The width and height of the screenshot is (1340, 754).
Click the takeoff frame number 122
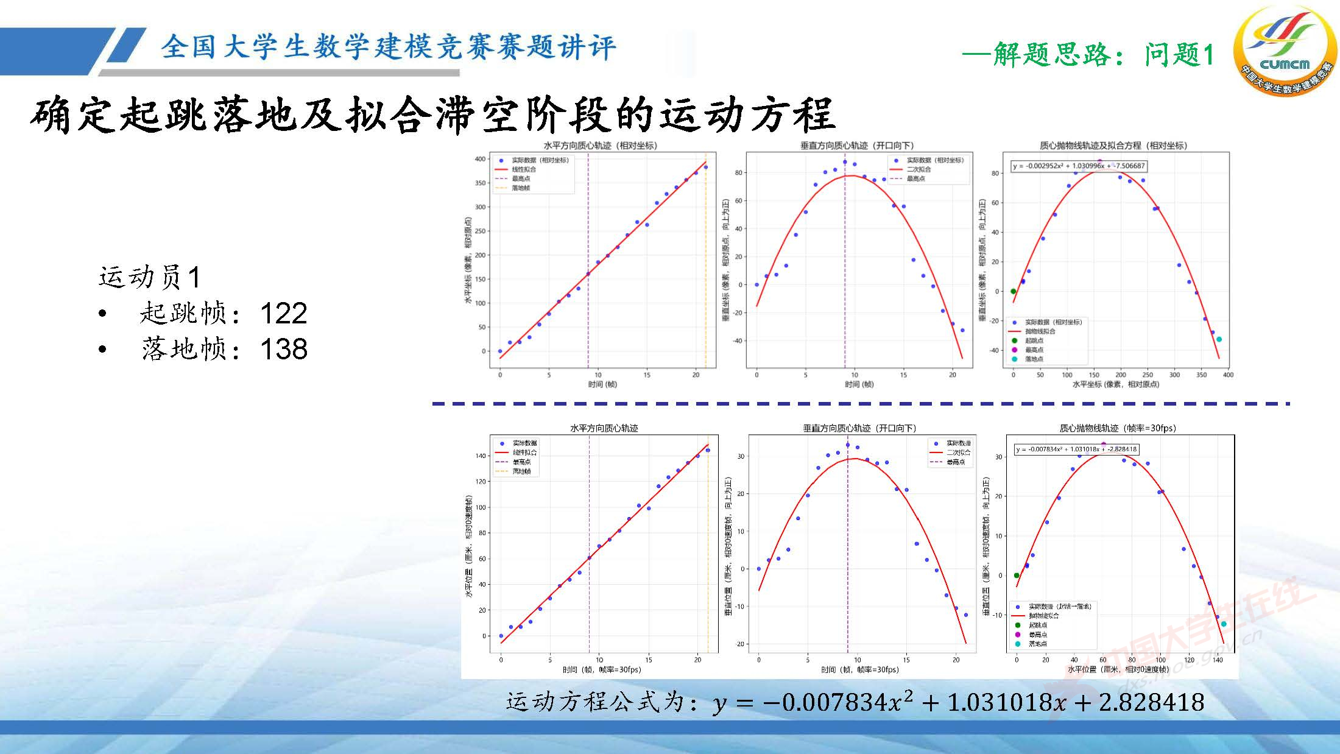click(283, 314)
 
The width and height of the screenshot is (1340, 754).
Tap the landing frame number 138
click(283, 350)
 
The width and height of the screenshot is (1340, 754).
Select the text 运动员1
click(149, 278)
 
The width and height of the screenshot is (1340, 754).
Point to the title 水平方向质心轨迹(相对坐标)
click(600, 146)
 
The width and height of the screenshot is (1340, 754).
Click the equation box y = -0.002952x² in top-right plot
click(1079, 166)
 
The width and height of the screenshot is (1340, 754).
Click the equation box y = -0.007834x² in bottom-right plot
click(1076, 449)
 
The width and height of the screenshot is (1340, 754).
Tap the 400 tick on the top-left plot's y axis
click(480, 159)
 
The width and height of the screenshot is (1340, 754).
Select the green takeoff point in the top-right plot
click(1014, 292)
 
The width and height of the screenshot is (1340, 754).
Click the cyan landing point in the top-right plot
click(1219, 339)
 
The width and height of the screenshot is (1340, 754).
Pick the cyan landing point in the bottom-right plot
click(1224, 624)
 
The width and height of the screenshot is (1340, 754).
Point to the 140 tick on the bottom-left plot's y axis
click(481, 456)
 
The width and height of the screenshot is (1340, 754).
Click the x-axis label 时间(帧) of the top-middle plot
click(859, 384)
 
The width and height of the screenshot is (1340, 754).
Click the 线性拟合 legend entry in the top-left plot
click(523, 169)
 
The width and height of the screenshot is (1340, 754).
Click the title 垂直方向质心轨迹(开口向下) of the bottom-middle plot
click(859, 428)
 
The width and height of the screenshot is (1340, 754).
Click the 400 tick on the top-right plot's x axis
click(1228, 375)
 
